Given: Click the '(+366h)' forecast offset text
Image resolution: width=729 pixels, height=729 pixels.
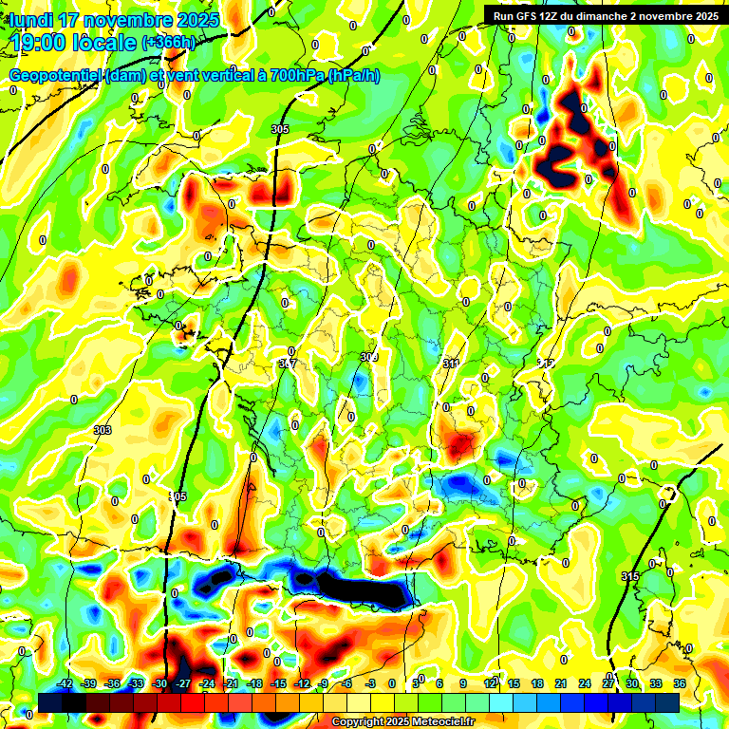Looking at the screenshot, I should point(168,43).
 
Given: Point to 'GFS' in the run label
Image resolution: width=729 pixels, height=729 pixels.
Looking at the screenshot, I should point(524,16).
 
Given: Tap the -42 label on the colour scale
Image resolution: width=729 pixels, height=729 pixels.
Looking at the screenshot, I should point(65,683).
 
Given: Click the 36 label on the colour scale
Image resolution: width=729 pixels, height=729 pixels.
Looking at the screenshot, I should point(680,683).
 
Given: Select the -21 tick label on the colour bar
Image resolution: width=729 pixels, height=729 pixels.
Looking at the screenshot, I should point(231,683).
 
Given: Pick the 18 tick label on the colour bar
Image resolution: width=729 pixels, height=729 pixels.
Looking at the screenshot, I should point(537,683).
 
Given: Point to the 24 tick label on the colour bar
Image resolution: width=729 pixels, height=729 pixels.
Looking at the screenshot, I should point(585,683).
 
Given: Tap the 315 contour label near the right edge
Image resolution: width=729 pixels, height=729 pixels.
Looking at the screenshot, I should point(630,576).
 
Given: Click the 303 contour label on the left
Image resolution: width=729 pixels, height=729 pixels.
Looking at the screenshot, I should point(103,430).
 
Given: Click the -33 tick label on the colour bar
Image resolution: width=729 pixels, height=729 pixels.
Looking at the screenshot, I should point(137,683).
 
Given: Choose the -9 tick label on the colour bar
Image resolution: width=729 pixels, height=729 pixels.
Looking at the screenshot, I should point(324,683).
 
